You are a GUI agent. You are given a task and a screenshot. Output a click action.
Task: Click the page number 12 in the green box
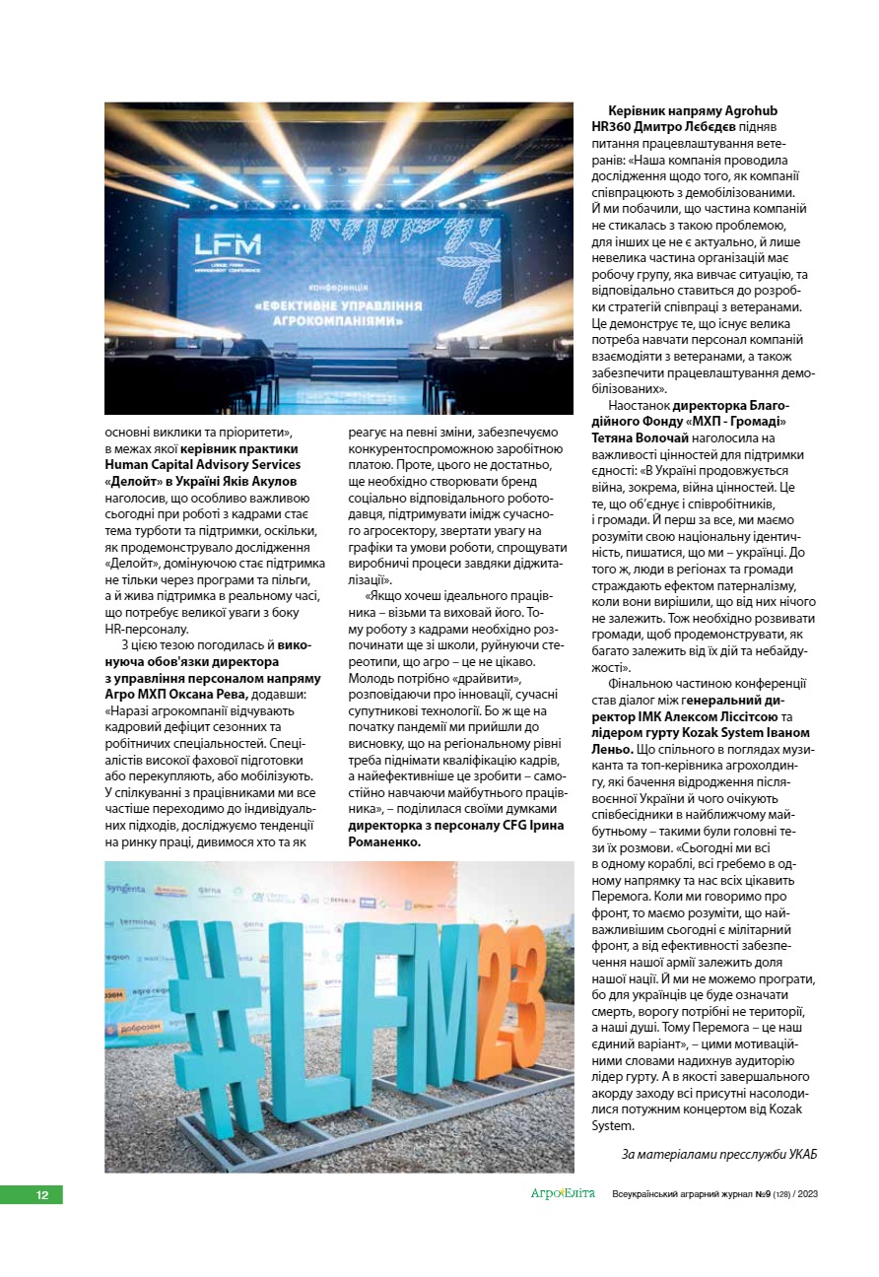[x=42, y=1195]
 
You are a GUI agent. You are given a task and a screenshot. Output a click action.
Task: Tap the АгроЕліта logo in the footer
[x=563, y=1194]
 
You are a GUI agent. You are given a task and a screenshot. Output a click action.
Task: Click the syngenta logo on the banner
[x=126, y=889]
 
